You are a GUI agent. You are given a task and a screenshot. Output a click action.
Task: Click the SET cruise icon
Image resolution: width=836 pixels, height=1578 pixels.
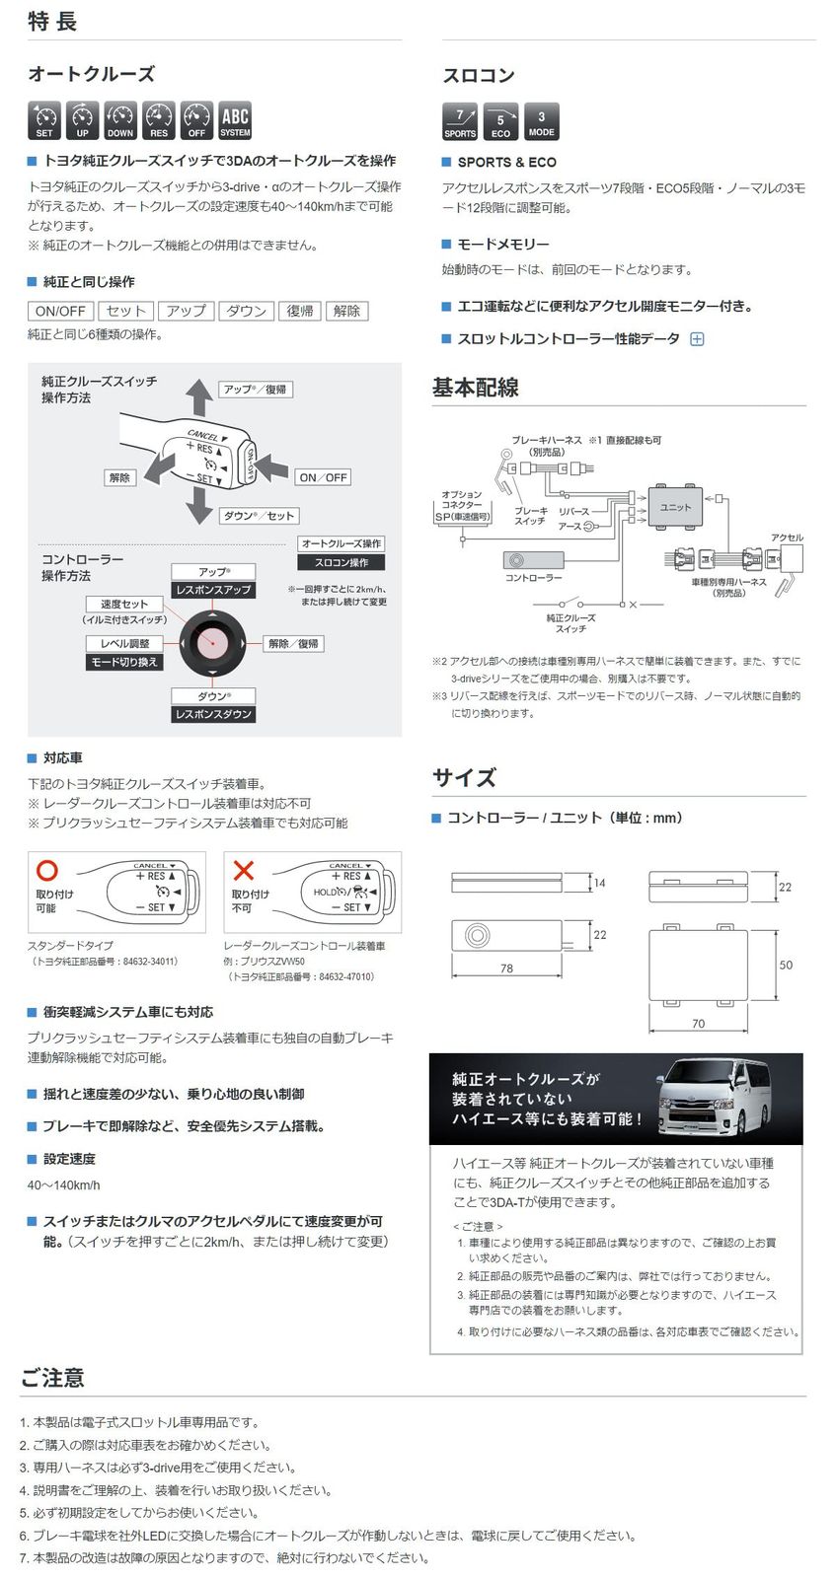point(44,119)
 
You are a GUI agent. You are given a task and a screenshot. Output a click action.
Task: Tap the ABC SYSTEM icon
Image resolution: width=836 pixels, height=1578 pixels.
point(235,119)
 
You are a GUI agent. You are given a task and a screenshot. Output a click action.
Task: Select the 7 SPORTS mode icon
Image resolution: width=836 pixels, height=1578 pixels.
point(460,121)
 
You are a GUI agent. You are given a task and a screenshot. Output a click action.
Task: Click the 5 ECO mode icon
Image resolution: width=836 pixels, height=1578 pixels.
point(500,121)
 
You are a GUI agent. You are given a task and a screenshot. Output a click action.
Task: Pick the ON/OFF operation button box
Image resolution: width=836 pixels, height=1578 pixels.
point(60,311)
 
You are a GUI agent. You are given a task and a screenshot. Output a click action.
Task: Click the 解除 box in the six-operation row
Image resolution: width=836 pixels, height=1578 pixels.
point(346,311)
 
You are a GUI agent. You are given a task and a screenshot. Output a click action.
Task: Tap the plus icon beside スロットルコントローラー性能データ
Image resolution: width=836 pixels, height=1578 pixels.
point(697,339)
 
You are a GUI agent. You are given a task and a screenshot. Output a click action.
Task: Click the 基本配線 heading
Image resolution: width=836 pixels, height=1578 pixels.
point(476,388)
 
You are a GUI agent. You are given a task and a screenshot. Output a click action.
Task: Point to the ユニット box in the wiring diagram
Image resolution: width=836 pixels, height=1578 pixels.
point(676,507)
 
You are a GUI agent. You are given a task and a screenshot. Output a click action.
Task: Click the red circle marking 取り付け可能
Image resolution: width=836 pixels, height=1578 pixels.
point(47,870)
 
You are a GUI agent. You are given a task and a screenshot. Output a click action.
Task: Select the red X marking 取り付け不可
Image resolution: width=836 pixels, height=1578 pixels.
point(243,870)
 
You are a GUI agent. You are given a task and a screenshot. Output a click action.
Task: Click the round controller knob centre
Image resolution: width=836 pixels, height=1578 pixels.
point(212,643)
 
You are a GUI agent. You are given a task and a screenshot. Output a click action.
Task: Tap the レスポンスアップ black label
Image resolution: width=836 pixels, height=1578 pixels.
point(213,590)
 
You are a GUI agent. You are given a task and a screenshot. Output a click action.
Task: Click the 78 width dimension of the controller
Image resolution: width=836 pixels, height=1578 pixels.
point(506,968)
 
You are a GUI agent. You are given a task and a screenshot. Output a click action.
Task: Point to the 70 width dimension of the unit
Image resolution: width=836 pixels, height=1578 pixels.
point(698,1024)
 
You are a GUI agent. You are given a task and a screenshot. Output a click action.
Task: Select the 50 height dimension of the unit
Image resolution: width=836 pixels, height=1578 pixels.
point(786,965)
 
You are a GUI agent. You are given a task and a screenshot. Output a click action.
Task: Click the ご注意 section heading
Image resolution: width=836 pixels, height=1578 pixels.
point(52,1378)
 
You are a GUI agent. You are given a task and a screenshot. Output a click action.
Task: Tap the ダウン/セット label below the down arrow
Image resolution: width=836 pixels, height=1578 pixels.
point(260,516)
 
